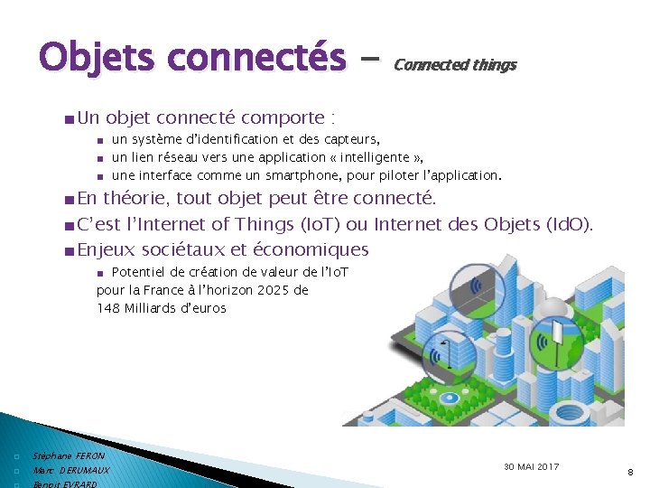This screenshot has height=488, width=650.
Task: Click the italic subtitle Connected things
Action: (455, 65)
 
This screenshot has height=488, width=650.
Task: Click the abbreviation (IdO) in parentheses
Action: (569, 223)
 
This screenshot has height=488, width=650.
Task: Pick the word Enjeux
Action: (107, 249)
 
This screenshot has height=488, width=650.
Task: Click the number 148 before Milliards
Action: (109, 308)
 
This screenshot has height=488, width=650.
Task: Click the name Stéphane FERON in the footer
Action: (69, 456)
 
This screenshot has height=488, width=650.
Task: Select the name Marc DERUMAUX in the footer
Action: (71, 471)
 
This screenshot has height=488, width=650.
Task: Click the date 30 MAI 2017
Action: (531, 466)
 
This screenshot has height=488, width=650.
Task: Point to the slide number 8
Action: (629, 471)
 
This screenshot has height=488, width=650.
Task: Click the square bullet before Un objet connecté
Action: (70, 118)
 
